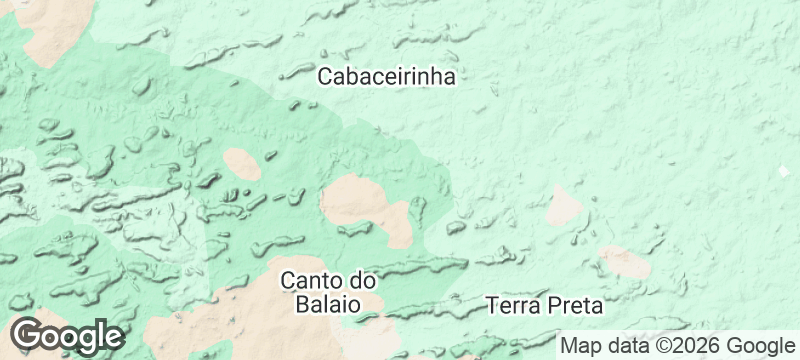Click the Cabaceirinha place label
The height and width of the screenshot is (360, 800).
tap(386, 76)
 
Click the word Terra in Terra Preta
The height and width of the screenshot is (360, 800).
tap(512, 303)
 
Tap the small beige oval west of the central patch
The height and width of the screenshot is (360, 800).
tap(242, 163)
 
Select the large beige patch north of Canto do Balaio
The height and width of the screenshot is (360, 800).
tap(364, 203)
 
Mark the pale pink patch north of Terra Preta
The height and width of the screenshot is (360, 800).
tap(565, 205)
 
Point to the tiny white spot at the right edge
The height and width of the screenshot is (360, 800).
tap(784, 172)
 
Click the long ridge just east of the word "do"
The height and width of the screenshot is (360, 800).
tap(425, 265)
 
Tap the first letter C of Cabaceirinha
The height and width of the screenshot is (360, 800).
tap(326, 76)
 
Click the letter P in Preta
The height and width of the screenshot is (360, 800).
tap(550, 303)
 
